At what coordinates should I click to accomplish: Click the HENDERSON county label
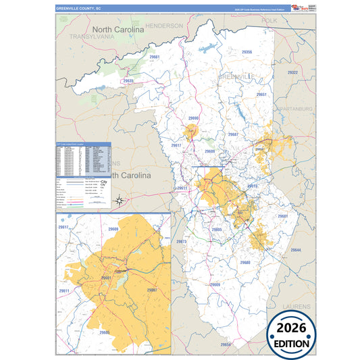[164, 25]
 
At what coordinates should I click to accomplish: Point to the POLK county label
[269, 21]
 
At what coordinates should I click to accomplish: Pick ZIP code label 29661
[155, 57]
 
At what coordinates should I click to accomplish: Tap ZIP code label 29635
[128, 81]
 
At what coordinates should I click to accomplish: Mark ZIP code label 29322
[292, 72]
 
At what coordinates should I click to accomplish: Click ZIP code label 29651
[261, 95]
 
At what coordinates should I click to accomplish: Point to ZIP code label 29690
[193, 118]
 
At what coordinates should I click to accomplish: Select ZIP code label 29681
[283, 216]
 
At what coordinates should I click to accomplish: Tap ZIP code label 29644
[296, 251]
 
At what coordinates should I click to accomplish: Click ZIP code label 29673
[181, 241]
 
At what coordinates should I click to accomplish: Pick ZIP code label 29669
[215, 284]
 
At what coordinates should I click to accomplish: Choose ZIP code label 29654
[226, 344]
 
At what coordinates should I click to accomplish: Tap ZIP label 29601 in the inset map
[106, 278]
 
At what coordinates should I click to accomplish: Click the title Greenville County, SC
[79, 9]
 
